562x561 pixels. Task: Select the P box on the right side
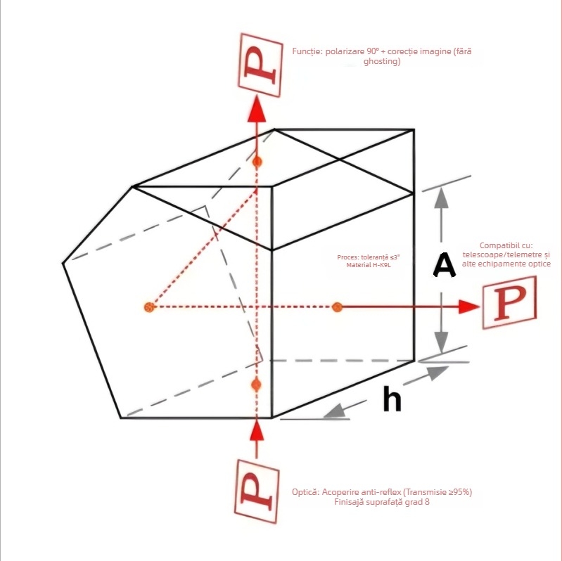pyautogui.click(x=508, y=303)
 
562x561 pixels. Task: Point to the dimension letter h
pyautogui.click(x=392, y=399)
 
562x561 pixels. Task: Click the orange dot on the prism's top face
pyautogui.click(x=257, y=162)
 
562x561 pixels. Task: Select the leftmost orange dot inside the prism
pyautogui.click(x=148, y=307)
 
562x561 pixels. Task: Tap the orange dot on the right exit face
pyautogui.click(x=337, y=307)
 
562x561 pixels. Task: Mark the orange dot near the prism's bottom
pyautogui.click(x=257, y=385)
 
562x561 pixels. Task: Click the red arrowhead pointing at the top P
pyautogui.click(x=257, y=110)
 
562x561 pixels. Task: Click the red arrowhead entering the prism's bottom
pyautogui.click(x=257, y=427)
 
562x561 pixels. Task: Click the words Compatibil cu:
pyautogui.click(x=506, y=245)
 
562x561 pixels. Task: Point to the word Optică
pyautogui.click(x=306, y=492)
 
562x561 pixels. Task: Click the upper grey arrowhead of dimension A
pyautogui.click(x=441, y=198)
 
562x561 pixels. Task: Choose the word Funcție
pyautogui.click(x=307, y=51)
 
